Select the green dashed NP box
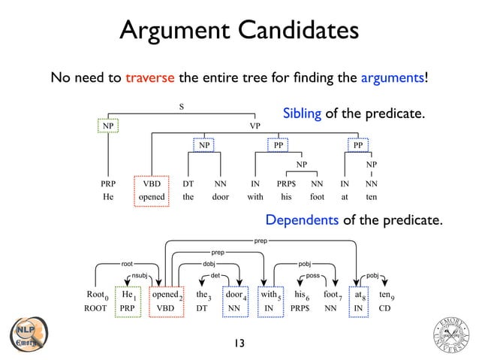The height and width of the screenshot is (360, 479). tap(109, 126)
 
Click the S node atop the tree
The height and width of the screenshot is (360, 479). tap(181, 106)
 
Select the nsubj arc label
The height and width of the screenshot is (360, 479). tap(140, 276)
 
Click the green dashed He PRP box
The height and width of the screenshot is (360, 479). tap(128, 301)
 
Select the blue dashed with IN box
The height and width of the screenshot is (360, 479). tap(270, 301)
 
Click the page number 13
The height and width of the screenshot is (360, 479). tap(239, 343)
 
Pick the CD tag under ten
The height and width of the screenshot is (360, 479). tap(384, 308)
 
